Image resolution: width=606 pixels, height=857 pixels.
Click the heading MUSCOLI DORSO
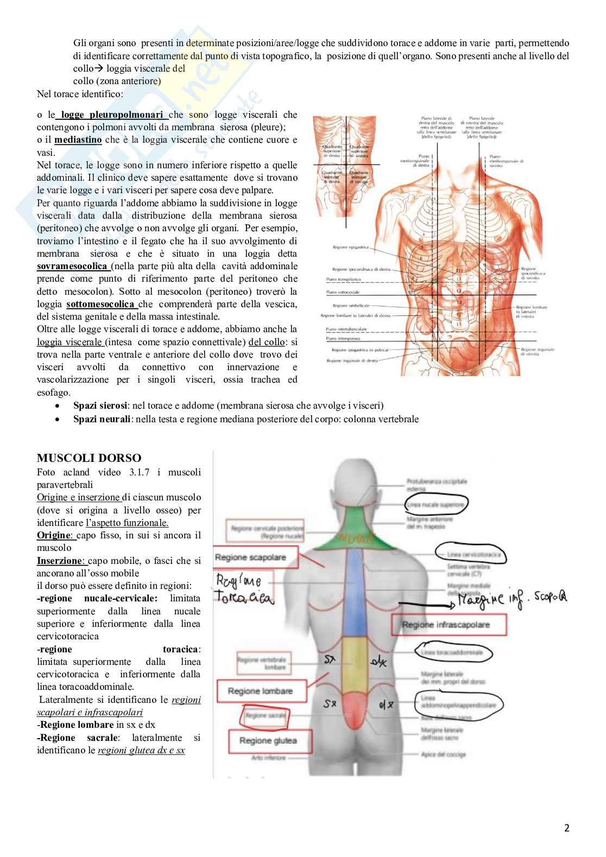pos(89,458)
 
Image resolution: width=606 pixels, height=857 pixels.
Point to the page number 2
pos(566,828)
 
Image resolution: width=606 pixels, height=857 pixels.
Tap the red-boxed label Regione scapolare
pos(250,557)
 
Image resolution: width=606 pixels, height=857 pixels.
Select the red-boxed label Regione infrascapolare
pos(446,625)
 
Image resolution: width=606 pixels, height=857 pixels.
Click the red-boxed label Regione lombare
pos(260,691)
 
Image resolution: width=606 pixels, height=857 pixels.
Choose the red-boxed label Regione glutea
pos(268,741)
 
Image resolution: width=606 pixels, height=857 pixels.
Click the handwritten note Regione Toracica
pos(244,589)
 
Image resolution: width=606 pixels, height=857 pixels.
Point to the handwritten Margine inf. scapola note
pos(511,599)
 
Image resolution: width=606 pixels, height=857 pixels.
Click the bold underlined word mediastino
pos(78,140)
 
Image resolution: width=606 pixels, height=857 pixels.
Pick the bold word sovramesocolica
pos(72,266)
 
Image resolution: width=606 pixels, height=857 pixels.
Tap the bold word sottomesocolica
pos(100,304)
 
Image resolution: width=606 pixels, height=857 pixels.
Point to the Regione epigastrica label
pos(350,247)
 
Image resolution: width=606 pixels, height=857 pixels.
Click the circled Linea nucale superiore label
pos(435,505)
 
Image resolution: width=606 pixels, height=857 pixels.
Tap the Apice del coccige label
pos(443,754)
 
